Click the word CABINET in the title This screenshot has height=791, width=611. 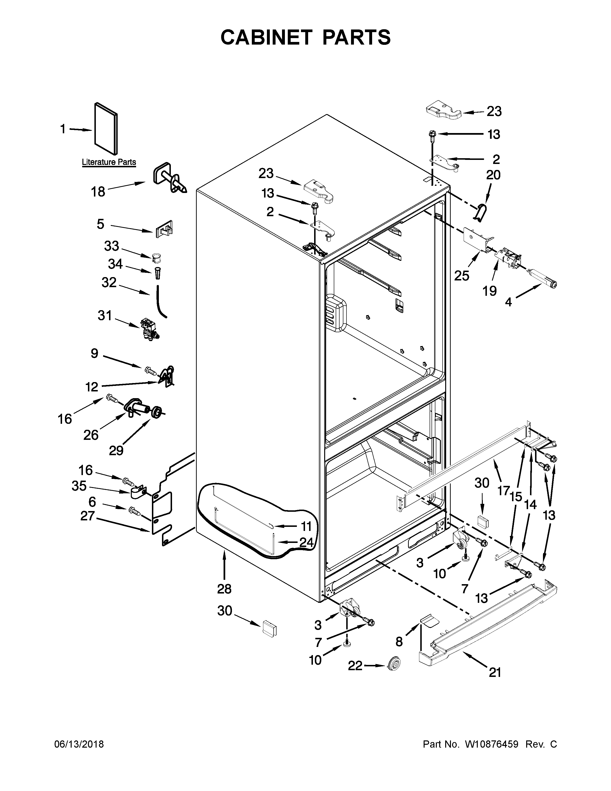pos(266,37)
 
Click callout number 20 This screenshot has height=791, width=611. pos(493,175)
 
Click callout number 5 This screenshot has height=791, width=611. pos(100,224)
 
